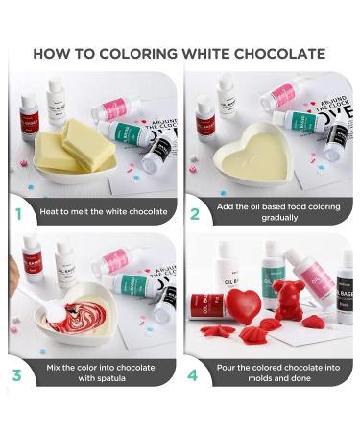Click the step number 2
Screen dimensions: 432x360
tap(195, 212)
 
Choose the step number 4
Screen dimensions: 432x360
tap(195, 372)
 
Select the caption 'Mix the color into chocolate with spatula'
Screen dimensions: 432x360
tap(101, 372)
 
